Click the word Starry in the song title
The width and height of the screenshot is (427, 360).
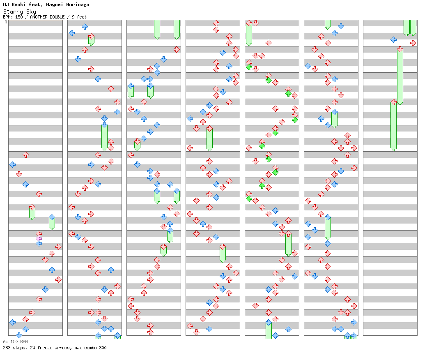11,12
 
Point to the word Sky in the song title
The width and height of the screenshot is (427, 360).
31,12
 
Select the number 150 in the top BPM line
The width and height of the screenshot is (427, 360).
19,17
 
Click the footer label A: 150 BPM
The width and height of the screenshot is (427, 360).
15,342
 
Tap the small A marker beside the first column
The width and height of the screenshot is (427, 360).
6,22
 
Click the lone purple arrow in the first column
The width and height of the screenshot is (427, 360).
39,238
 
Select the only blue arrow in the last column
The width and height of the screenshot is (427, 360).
393,39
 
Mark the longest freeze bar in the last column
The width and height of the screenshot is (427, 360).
400,76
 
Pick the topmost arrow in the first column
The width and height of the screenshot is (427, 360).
25,155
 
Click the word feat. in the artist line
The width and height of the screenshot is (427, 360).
34,5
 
